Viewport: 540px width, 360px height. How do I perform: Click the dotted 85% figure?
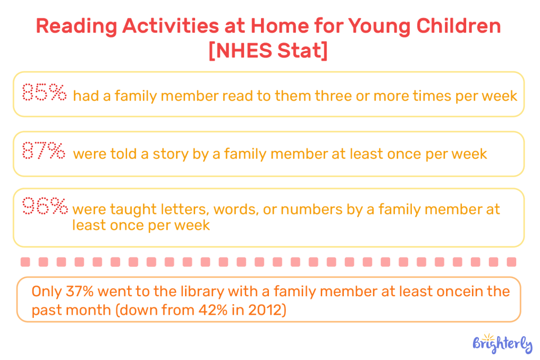pyautogui.click(x=44, y=93)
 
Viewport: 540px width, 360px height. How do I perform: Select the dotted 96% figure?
pyautogui.click(x=45, y=207)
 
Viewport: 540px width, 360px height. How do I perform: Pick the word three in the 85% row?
pyautogui.click(x=335, y=96)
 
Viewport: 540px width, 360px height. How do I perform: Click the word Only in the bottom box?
pyautogui.click(x=46, y=291)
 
